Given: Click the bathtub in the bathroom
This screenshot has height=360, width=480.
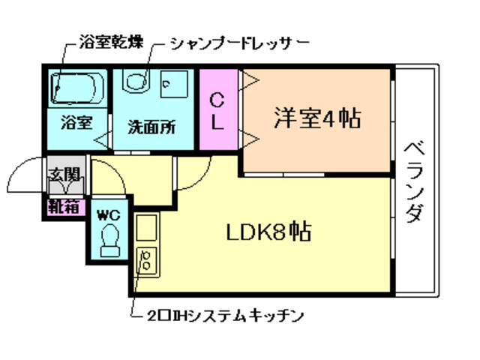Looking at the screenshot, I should click(x=76, y=88).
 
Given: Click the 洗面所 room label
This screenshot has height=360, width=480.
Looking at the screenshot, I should click(x=151, y=125).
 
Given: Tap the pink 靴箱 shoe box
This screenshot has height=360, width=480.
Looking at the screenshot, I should click(x=64, y=207).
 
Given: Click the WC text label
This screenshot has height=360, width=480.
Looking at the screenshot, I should click(x=109, y=214).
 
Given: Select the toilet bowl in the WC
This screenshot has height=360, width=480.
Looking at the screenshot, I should click(x=109, y=241).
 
